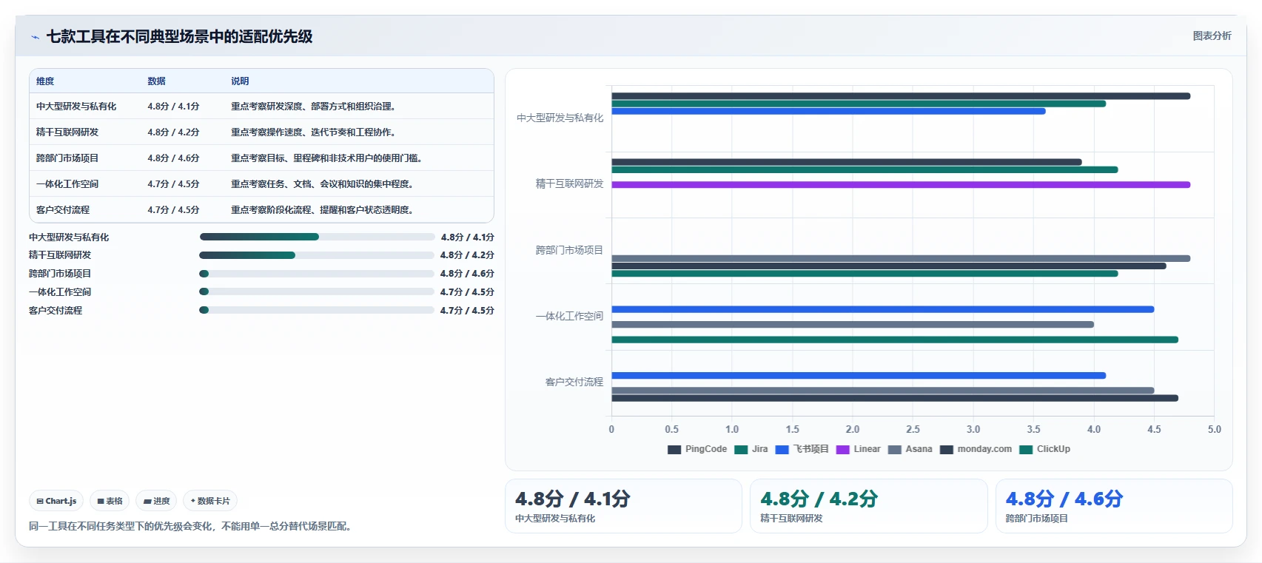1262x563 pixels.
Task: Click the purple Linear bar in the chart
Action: (x=900, y=185)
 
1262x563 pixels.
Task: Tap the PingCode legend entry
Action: (x=697, y=449)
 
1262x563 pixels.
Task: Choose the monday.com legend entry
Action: (x=976, y=449)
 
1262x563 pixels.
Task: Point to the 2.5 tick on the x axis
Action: (x=913, y=429)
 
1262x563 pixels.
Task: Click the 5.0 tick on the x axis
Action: (x=1214, y=429)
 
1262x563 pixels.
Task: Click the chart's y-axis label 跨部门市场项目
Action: (x=569, y=250)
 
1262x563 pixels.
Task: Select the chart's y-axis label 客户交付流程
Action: (x=574, y=382)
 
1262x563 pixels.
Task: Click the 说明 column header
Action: (x=240, y=81)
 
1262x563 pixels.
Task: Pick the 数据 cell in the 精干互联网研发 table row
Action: (x=173, y=132)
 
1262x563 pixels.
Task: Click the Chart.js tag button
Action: (x=56, y=501)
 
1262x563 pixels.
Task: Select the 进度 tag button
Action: (x=156, y=501)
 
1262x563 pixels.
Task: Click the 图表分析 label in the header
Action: (x=1212, y=36)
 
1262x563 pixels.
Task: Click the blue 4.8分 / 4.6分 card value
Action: (x=1064, y=499)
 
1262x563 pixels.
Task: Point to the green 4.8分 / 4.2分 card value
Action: (x=819, y=499)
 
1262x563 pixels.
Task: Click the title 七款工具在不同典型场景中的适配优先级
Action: (x=179, y=36)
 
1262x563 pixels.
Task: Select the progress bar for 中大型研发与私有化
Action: (x=317, y=237)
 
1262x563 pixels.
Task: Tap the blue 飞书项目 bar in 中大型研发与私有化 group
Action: (x=828, y=112)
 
